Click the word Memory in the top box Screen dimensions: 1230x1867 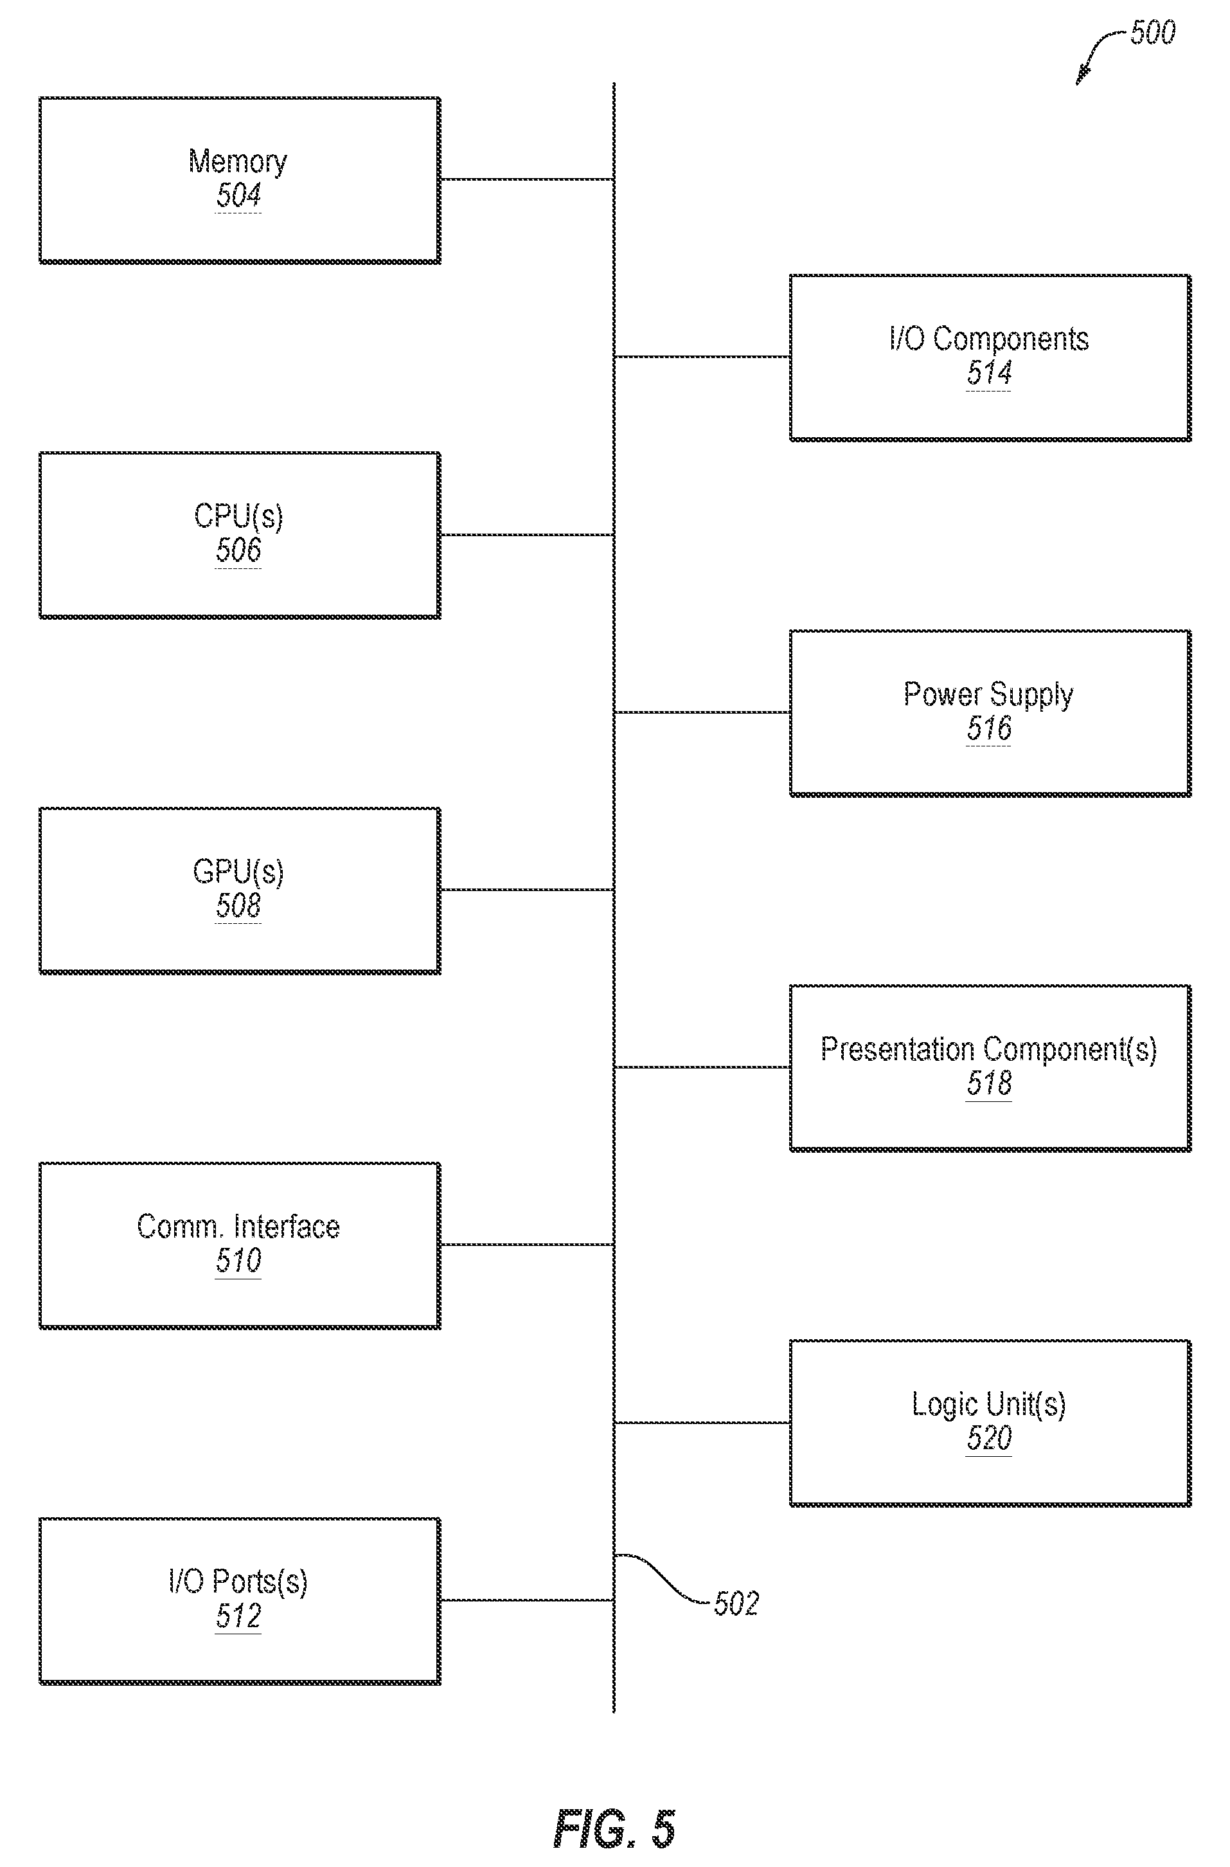(238, 161)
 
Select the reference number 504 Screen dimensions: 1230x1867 (238, 195)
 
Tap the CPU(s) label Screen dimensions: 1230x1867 (238, 516)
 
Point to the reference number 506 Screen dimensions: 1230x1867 (238, 550)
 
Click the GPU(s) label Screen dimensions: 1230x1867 (238, 872)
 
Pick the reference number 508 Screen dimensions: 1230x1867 (238, 906)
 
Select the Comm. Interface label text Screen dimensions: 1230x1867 (238, 1227)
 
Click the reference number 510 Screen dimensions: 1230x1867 (238, 1260)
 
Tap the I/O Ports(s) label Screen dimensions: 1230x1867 (238, 1582)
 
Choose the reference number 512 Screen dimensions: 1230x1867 (238, 1616)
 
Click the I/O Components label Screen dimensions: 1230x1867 (989, 339)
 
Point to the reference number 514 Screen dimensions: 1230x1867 (989, 373)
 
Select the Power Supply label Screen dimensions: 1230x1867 (989, 694)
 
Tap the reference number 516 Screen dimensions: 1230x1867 (989, 728)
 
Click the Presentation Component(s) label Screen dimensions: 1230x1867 (989, 1049)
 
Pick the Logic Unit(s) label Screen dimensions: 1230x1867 (989, 1405)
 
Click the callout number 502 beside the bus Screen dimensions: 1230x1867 (736, 1603)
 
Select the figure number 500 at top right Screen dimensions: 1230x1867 (1152, 33)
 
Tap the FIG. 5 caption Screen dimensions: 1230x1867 (614, 1828)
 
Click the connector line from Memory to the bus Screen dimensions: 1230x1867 (527, 180)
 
